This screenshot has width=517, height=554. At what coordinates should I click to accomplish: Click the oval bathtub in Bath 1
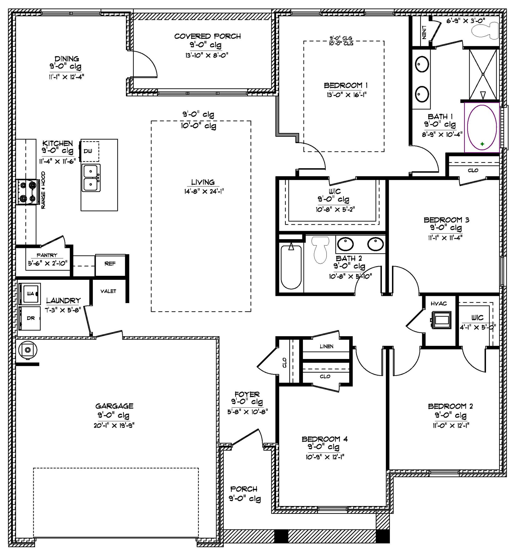[x=482, y=127]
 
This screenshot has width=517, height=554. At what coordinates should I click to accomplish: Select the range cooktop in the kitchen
[x=27, y=192]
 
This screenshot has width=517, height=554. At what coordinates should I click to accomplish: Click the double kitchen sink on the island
[x=91, y=178]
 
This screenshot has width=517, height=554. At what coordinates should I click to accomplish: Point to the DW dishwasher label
[x=88, y=151]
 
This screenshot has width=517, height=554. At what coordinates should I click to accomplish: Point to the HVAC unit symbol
[x=441, y=320]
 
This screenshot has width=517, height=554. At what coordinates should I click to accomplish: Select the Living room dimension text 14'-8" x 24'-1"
[x=204, y=192]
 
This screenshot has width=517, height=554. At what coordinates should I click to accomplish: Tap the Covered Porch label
[x=207, y=36]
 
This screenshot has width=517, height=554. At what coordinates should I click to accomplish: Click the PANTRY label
[x=47, y=255]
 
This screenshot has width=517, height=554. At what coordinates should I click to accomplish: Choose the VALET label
[x=108, y=291]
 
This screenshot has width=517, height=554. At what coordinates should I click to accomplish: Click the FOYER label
[x=247, y=394]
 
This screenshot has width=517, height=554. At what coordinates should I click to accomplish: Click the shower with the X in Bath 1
[x=483, y=74]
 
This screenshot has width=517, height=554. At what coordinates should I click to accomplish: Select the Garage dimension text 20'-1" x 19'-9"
[x=114, y=426]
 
